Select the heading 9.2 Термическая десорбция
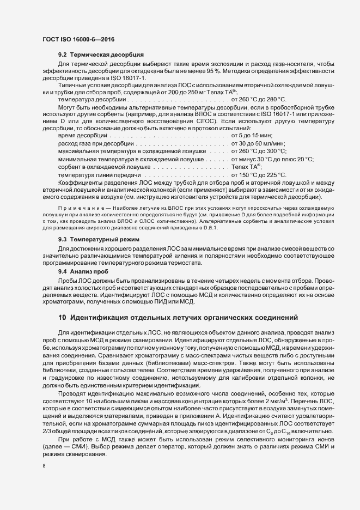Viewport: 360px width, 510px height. (101, 55)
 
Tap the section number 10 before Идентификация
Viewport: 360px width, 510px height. (62, 318)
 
